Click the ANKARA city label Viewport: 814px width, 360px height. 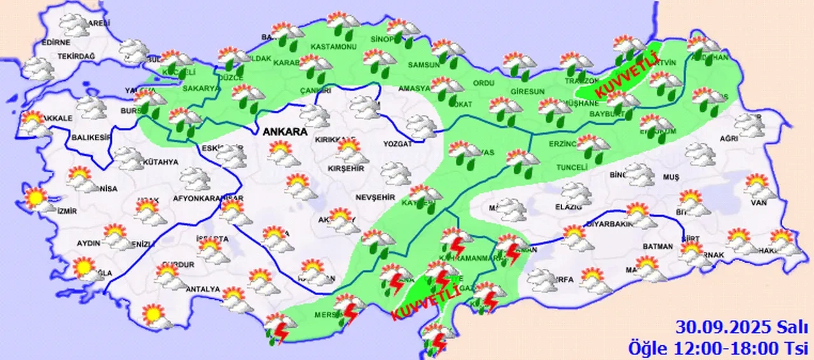click(x=285, y=132)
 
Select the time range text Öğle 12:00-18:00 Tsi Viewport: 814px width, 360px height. click(x=719, y=347)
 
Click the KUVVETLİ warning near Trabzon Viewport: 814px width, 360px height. click(x=626, y=73)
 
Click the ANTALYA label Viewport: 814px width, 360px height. click(x=202, y=289)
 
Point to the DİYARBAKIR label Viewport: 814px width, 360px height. click(x=609, y=225)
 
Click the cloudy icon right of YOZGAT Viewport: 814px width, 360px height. click(x=421, y=125)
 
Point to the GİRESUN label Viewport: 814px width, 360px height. click(x=530, y=91)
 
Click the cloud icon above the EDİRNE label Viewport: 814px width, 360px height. click(x=74, y=25)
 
